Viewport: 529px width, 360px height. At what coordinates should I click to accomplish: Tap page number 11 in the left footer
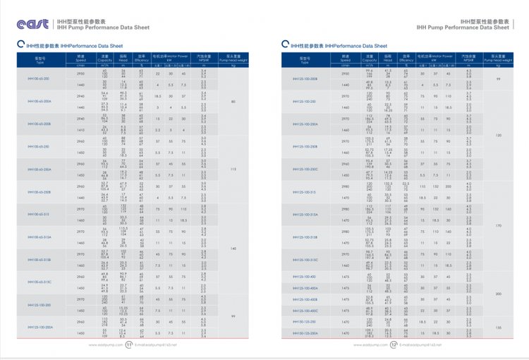coord(128,345)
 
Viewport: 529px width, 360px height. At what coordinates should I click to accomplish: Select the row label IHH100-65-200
coord(37,78)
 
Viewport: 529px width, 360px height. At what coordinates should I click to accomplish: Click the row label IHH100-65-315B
coord(37,260)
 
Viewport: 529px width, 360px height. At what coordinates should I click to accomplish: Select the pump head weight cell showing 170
coord(498,225)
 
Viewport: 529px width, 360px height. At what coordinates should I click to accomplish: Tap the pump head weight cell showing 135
coord(498,328)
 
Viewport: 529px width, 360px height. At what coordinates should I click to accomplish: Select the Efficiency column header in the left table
coord(141,56)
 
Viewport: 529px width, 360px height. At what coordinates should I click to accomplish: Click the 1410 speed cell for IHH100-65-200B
coord(80,130)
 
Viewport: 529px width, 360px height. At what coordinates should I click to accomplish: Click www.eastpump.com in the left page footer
coord(103,345)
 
